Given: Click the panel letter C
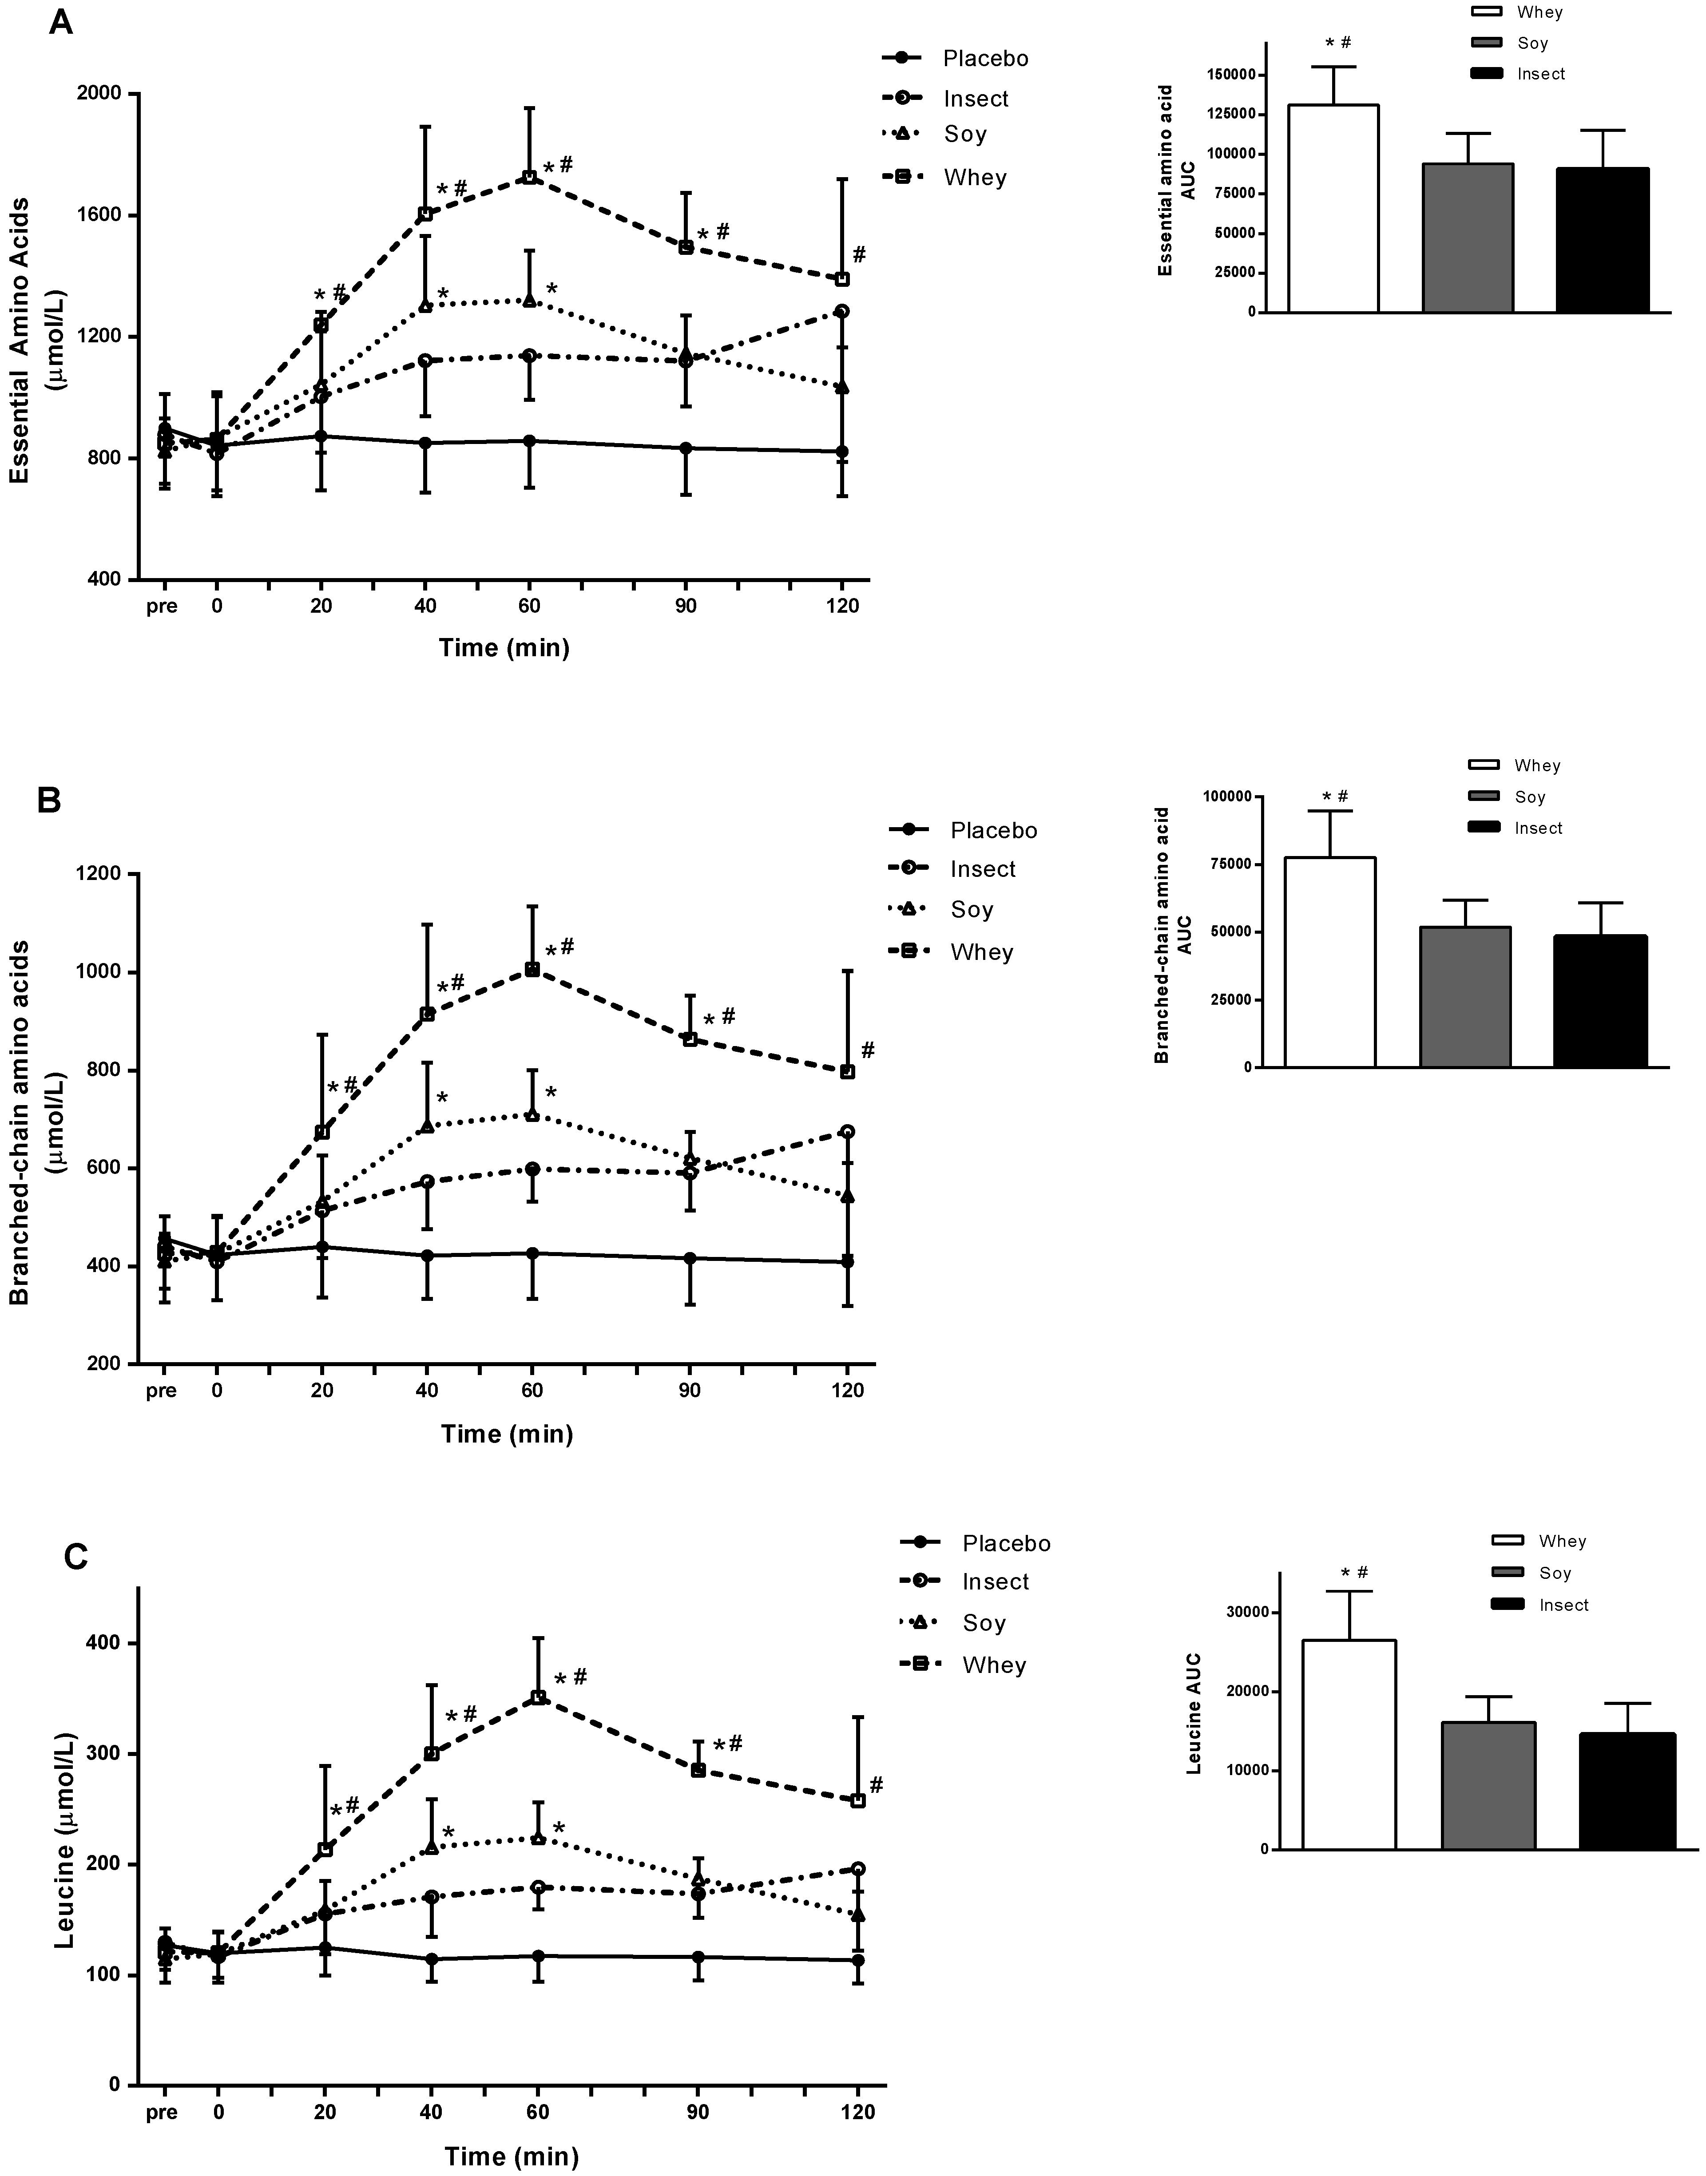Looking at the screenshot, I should [76, 1557].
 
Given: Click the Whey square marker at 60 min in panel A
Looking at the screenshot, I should [530, 177].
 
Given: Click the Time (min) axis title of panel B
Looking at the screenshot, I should [508, 1434].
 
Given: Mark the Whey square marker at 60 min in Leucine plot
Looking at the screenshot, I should [537, 1698].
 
